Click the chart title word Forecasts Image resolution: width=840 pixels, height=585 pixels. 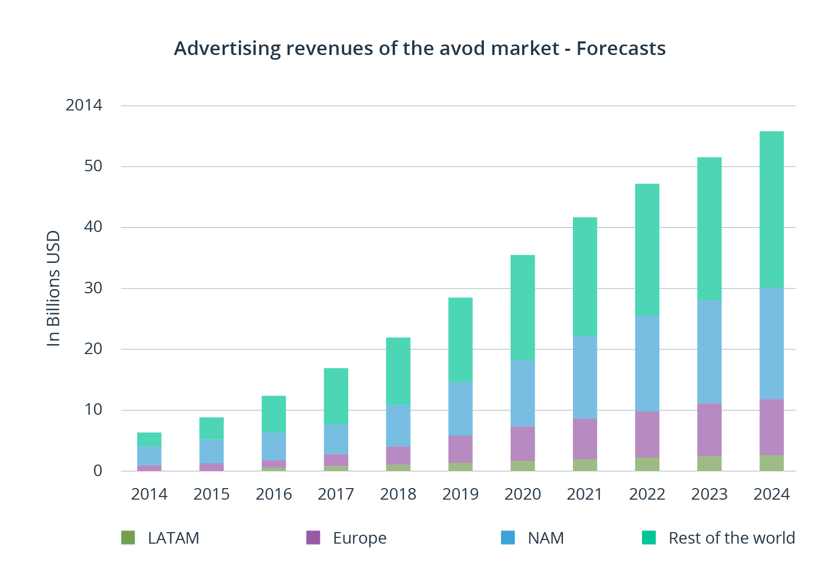pyautogui.click(x=621, y=48)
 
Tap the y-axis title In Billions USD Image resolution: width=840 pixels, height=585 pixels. pyautogui.click(x=53, y=288)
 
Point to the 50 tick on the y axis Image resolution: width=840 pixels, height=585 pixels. pyautogui.click(x=93, y=166)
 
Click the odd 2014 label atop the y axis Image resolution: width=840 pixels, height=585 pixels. pyautogui.click(x=84, y=105)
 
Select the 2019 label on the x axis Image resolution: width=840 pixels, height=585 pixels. pyautogui.click(x=460, y=494)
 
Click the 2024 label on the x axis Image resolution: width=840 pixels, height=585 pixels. pyautogui.click(x=771, y=494)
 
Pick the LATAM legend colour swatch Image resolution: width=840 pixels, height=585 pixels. pyautogui.click(x=128, y=537)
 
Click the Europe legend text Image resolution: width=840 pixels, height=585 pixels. pyautogui.click(x=359, y=538)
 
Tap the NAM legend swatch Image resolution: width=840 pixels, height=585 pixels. pyautogui.click(x=507, y=537)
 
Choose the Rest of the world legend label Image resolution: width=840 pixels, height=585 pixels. pyautogui.click(x=732, y=538)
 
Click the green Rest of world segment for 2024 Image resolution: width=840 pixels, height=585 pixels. pyautogui.click(x=771, y=209)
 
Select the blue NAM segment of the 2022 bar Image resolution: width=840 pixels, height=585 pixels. pyautogui.click(x=647, y=363)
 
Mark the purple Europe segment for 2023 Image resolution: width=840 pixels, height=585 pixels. pyautogui.click(x=709, y=429)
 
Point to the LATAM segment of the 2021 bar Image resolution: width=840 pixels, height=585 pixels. pyautogui.click(x=584, y=465)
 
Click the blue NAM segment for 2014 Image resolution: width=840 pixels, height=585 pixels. pyautogui.click(x=149, y=456)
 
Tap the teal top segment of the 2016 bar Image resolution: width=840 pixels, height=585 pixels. pyautogui.click(x=274, y=414)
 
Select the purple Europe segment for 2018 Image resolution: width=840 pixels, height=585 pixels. pyautogui.click(x=398, y=455)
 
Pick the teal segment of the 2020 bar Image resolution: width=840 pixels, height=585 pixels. pyautogui.click(x=523, y=307)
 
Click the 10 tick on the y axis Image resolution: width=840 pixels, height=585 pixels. pyautogui.click(x=93, y=410)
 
